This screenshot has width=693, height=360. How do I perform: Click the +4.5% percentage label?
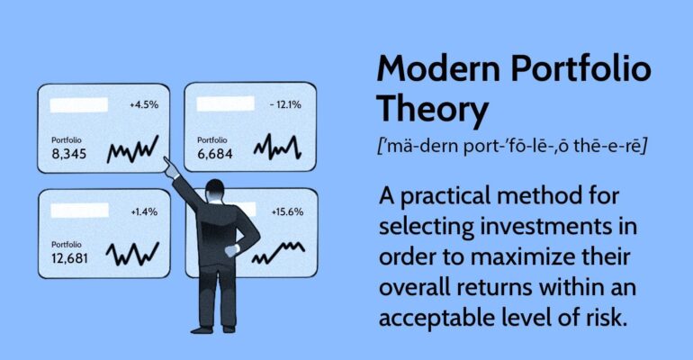click(x=144, y=104)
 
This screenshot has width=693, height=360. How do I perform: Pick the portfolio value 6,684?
click(x=215, y=155)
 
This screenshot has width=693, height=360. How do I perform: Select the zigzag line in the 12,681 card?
click(x=133, y=255)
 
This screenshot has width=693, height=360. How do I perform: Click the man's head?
click(x=214, y=191)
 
